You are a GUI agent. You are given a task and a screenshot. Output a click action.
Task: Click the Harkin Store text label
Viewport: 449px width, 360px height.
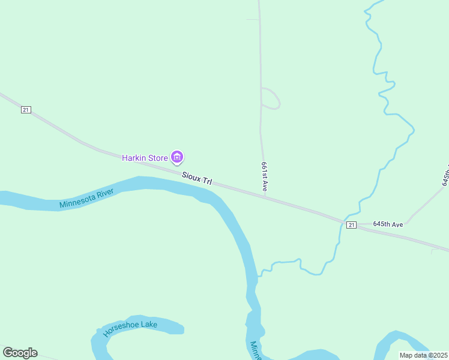(145, 158)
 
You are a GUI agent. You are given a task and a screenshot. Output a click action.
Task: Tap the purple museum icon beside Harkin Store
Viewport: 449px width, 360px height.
(177, 158)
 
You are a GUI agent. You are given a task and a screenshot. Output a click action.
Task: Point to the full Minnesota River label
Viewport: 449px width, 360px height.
(87, 199)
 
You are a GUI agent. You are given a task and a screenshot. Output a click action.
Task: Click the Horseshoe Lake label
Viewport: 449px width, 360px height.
(130, 328)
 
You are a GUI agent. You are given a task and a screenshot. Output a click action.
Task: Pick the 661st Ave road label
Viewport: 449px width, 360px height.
(264, 176)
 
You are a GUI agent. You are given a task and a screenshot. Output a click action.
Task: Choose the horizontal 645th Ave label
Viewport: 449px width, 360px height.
(387, 224)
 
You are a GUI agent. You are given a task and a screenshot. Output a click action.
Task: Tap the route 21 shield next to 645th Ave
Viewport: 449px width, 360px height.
(352, 225)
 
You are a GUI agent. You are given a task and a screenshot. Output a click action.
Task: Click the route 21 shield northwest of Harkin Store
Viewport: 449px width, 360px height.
(25, 110)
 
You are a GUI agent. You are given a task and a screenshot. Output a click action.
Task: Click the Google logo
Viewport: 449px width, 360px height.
(20, 353)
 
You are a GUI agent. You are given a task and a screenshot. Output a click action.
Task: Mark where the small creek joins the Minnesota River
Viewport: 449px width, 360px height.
(258, 275)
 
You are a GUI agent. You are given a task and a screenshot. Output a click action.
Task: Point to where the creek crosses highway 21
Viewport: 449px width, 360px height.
(343, 220)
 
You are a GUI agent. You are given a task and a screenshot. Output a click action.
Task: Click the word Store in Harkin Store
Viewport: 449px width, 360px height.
(157, 158)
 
